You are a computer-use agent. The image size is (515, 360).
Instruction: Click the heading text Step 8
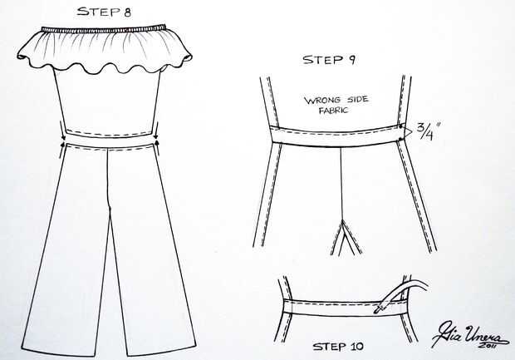coord(104,12)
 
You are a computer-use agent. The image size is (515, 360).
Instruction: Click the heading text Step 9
coord(329,60)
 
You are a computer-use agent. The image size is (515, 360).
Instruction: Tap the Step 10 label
coord(338,347)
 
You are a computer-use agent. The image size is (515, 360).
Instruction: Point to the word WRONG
coord(323,100)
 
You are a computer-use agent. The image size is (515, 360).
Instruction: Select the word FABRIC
coord(334,110)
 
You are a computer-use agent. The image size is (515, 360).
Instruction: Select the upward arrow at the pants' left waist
coord(62,150)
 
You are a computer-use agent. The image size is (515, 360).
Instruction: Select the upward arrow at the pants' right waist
coord(159,149)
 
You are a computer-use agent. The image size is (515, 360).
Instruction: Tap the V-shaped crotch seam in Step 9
coord(343,236)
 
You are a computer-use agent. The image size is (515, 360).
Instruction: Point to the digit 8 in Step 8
coord(127,12)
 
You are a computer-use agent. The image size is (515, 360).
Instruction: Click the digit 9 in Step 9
coord(351,61)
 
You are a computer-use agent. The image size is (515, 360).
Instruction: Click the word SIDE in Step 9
coord(357,99)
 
